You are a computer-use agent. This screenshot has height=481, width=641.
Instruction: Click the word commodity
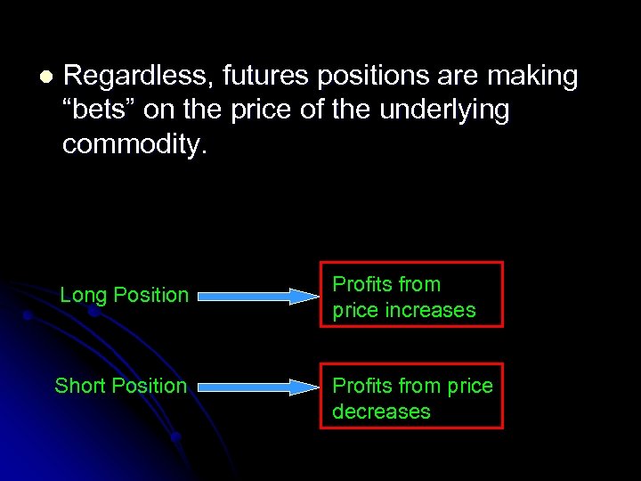134,143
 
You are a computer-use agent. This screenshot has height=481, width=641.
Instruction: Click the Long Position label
124,295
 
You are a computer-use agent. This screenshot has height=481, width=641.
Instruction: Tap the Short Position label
120,386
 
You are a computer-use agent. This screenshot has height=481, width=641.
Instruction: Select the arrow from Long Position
257,296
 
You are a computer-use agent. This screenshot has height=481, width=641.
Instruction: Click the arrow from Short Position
257,387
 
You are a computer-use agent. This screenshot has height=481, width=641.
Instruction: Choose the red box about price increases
411,295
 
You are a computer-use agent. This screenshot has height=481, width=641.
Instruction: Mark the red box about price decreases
411,395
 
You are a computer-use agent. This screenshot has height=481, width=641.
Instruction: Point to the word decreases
381,412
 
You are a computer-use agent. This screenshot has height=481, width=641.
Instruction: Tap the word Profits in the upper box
361,284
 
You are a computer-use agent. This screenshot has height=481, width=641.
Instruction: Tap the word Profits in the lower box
361,386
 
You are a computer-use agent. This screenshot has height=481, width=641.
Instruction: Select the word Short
77,386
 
